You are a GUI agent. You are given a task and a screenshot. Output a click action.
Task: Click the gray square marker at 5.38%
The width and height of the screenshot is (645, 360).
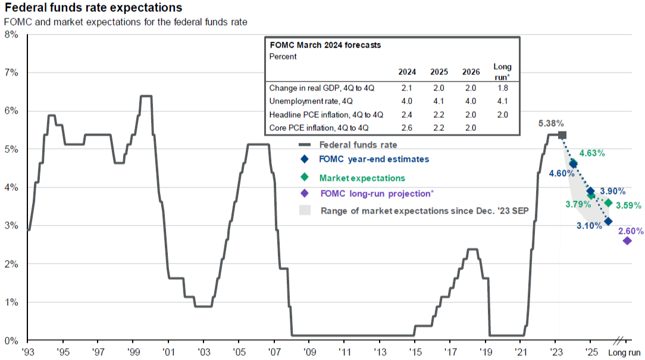[562, 136]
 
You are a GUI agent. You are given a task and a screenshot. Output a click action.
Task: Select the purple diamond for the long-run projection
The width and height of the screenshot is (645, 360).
[627, 241]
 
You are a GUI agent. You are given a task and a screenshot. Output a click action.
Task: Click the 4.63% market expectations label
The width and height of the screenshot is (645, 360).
[591, 153]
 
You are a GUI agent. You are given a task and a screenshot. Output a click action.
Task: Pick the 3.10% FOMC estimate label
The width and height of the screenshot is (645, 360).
[589, 227]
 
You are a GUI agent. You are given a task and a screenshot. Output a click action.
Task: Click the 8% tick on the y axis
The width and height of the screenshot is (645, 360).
[11, 35]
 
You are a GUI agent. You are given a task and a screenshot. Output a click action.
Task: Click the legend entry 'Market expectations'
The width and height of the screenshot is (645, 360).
[362, 178]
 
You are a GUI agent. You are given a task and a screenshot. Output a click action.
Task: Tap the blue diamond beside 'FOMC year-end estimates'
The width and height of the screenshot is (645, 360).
[305, 159]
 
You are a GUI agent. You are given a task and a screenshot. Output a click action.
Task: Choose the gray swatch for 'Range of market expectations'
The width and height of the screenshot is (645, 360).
[305, 211]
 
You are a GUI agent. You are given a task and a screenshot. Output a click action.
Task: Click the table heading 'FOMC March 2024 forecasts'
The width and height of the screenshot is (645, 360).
[325, 45]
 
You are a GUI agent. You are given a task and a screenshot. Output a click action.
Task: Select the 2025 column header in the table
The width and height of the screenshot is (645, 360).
[439, 73]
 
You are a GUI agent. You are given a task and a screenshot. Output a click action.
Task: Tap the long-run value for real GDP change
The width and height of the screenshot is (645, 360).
[502, 87]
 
